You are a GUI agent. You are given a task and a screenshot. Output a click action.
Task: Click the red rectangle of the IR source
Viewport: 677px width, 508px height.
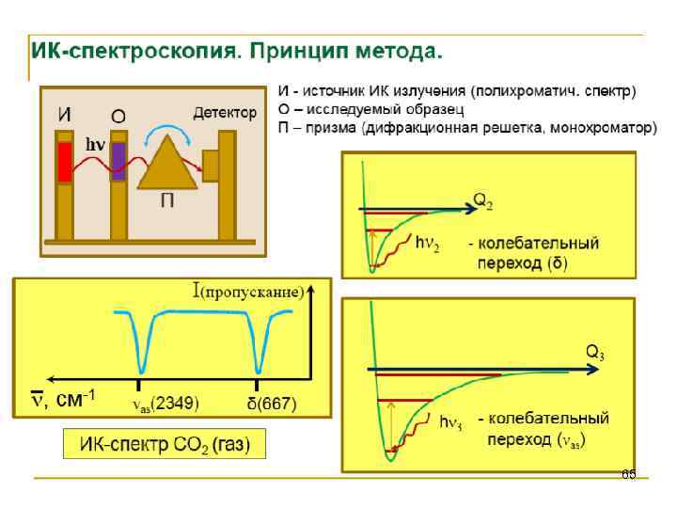(65, 162)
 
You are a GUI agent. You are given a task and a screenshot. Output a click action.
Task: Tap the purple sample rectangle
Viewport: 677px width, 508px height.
(118, 161)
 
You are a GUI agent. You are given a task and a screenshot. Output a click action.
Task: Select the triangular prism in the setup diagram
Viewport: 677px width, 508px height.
(167, 164)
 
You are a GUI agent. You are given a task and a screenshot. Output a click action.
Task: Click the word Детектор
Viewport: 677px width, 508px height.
(225, 113)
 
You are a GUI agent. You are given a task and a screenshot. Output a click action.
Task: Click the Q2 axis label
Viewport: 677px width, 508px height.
(482, 200)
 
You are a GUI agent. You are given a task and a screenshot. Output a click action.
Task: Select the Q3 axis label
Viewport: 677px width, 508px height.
(594, 353)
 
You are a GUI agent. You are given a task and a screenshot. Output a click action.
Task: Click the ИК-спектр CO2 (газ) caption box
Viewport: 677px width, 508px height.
(165, 444)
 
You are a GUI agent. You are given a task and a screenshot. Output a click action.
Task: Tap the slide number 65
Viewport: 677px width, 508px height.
(628, 474)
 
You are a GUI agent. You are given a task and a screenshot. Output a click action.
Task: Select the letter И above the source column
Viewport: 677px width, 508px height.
(65, 114)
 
